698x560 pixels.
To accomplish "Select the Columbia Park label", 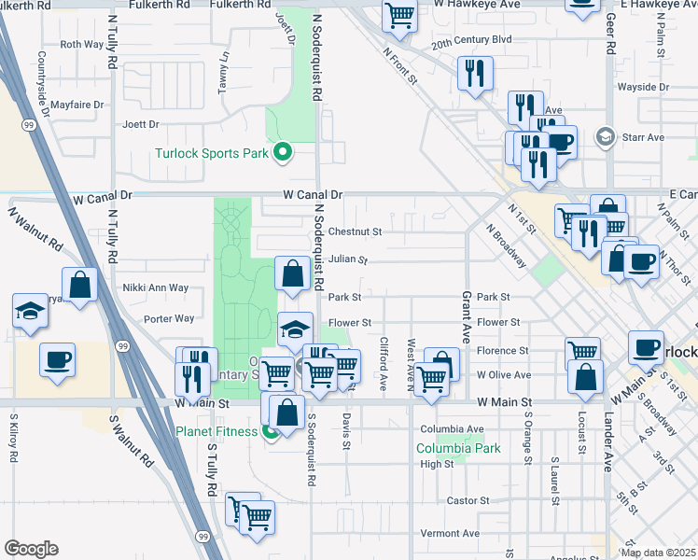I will (x=458, y=448).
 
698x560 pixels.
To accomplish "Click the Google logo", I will (x=30, y=549).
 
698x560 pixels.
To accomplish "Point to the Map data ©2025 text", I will (x=657, y=553).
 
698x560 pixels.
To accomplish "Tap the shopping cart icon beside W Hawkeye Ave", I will (x=399, y=16).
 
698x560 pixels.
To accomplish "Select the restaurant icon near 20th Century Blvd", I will (x=475, y=73).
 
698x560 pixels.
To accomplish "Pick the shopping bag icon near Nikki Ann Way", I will (x=80, y=285).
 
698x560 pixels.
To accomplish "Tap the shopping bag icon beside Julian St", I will (x=293, y=274).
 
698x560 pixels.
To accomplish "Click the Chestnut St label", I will (x=355, y=231).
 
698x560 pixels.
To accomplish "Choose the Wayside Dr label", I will (x=637, y=87).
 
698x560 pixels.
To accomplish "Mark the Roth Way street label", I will (x=81, y=44).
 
